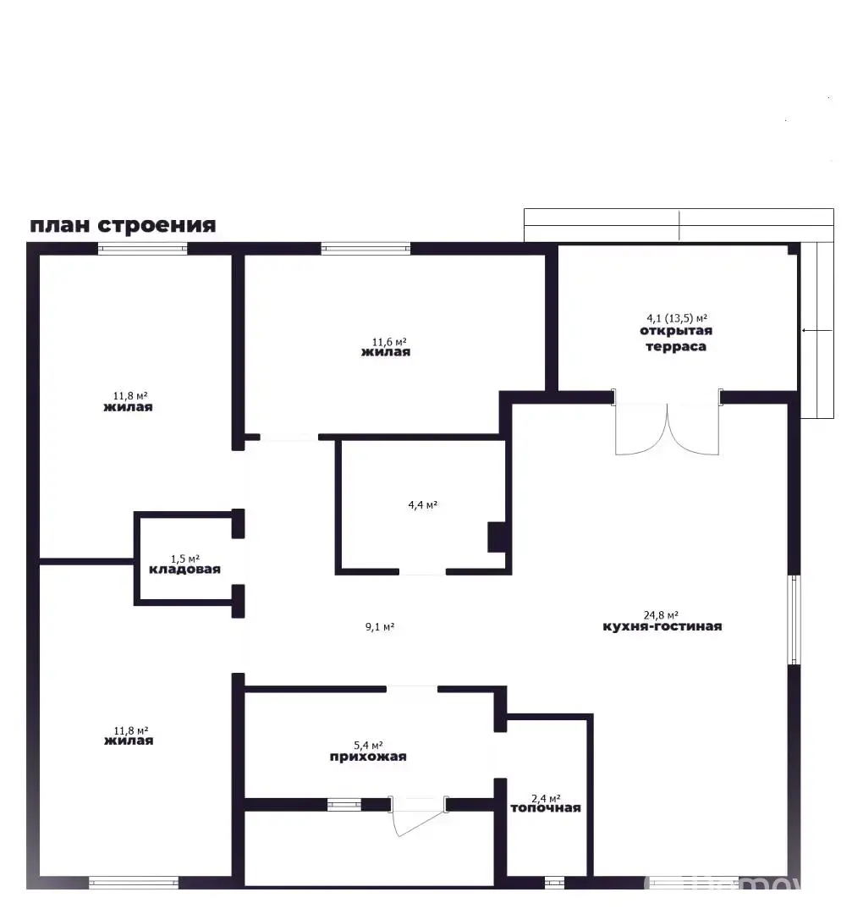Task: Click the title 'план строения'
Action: [x=123, y=225]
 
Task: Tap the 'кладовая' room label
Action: [x=184, y=570]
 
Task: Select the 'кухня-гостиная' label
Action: [x=662, y=627]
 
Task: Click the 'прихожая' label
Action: [x=368, y=757]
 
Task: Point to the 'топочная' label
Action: [x=545, y=808]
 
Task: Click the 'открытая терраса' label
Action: [x=675, y=339]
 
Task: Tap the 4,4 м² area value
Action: [x=422, y=505]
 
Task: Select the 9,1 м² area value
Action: [x=380, y=627]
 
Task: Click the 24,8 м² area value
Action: [x=661, y=615]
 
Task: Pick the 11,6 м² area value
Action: [x=386, y=341]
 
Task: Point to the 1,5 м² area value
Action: [x=184, y=559]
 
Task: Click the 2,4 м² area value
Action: [x=545, y=797]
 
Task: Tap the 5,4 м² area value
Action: [x=368, y=746]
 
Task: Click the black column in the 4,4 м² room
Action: [x=496, y=537]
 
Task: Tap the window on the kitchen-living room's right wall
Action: [x=794, y=619]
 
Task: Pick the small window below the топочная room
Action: [x=554, y=883]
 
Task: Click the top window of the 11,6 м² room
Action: [x=366, y=249]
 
